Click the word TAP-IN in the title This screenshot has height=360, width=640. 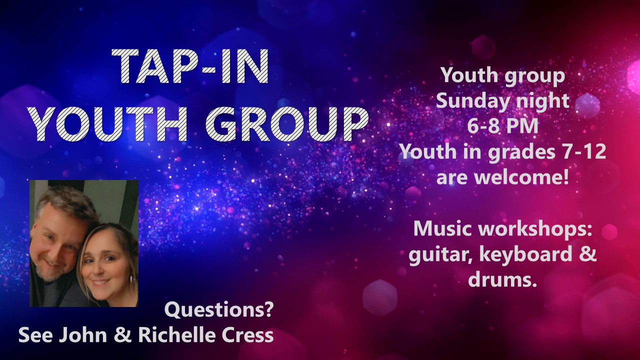pos(190,66)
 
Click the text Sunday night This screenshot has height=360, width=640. pos(502,101)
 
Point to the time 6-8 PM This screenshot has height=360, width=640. pos(503,126)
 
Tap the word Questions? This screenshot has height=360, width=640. pos(219,310)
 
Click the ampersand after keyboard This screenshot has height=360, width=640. pos(589,254)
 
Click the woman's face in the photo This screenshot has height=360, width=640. pos(105,263)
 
